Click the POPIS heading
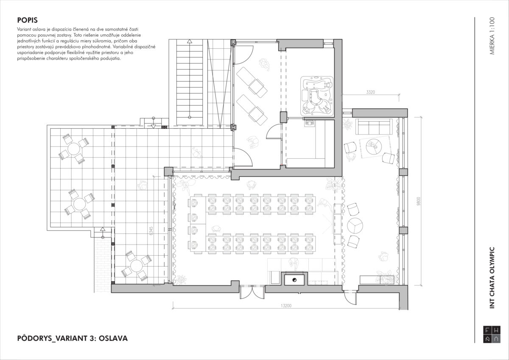pos(28,20)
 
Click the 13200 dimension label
pos(286,306)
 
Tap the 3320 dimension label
pos(370,92)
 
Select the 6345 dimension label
pos(151,231)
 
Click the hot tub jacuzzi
pos(317,96)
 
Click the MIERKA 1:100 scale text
pos(492,36)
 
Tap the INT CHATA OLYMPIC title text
pos(492,278)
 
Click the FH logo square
pos(492,341)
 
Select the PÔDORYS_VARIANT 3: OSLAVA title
pos(73,338)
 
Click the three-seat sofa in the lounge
pos(374,127)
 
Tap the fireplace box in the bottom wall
pos(294,279)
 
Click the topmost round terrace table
pos(74,149)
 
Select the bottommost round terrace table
pos(136,266)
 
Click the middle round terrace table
pos(79,204)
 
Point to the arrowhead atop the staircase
pos(190,41)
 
